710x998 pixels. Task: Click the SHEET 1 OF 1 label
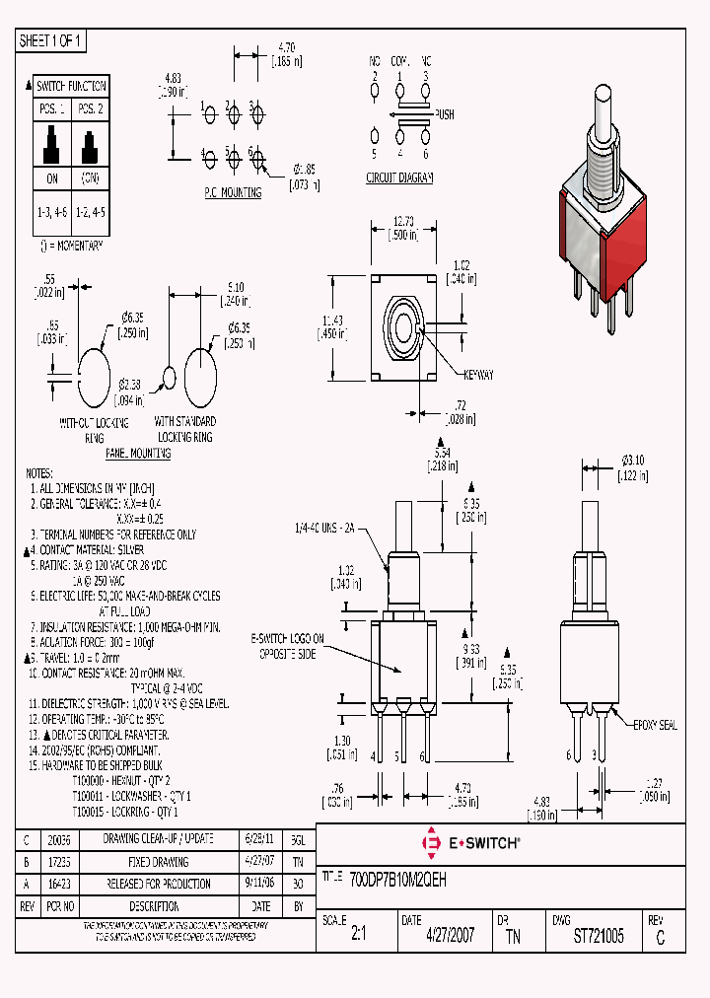[51, 40]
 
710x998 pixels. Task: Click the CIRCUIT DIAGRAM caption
[399, 178]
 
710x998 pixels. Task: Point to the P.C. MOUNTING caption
[233, 192]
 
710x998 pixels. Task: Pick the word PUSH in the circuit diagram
[444, 113]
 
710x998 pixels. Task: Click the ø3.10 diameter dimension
[631, 461]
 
